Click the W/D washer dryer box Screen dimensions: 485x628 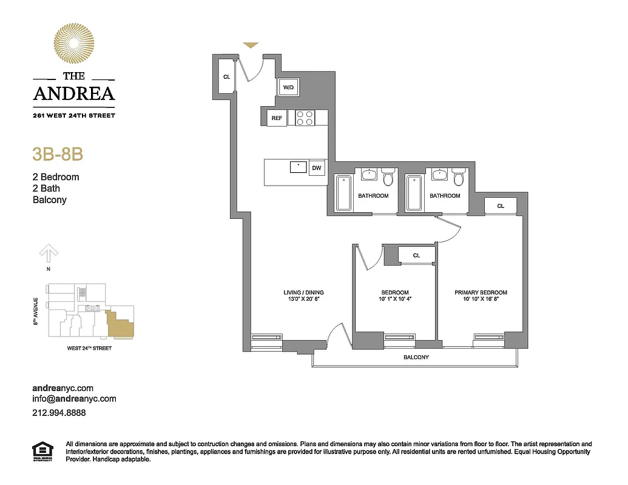288,88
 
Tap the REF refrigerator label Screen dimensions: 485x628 277,118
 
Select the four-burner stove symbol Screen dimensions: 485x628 305,118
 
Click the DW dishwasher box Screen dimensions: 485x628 316,168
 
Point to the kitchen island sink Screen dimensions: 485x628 298,167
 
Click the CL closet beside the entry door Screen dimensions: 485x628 226,77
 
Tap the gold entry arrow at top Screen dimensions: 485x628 251,45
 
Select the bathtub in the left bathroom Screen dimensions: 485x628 343,193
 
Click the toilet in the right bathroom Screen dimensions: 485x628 458,178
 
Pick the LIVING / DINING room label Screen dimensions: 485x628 302,292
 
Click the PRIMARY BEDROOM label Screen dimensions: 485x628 481,292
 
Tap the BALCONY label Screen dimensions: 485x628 416,357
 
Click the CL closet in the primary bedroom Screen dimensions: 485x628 501,206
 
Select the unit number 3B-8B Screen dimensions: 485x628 57,154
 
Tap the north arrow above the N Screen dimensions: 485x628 49,252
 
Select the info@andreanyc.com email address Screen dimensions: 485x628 74,399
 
